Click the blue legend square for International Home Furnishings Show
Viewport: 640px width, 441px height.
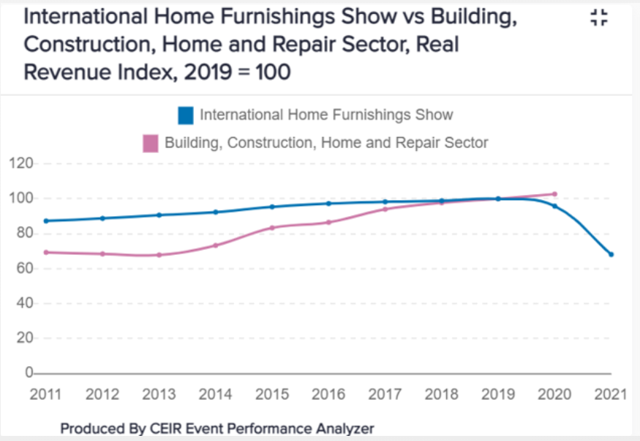point(186,115)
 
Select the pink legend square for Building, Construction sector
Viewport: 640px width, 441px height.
point(150,142)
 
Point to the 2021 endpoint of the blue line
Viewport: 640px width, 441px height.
point(611,254)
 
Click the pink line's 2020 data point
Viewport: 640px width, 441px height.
point(554,194)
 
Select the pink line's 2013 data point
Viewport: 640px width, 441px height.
point(159,255)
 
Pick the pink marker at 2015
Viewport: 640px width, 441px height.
point(272,227)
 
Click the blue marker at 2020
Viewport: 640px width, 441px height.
point(554,206)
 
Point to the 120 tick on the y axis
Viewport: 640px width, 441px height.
point(20,163)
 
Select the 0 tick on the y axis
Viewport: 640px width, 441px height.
point(27,373)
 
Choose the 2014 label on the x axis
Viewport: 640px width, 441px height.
point(216,394)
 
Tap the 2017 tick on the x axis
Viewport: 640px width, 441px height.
point(385,394)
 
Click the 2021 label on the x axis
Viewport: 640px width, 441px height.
point(611,394)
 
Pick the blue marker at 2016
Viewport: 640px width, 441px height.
point(328,204)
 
